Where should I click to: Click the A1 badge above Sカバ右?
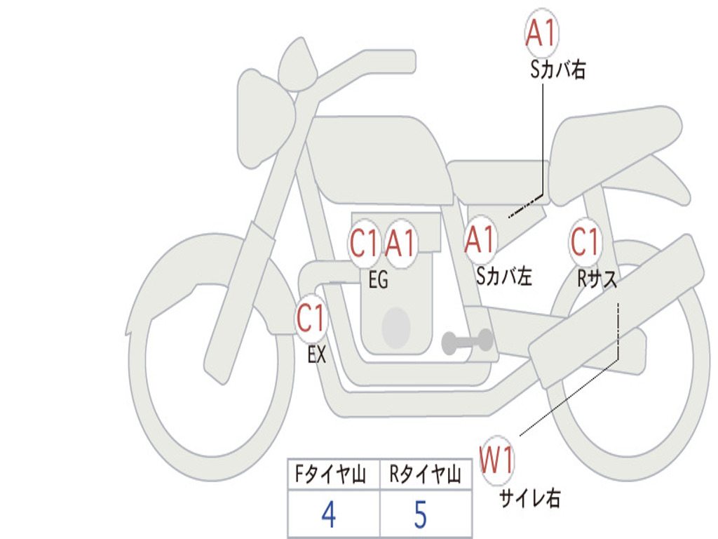click(542, 34)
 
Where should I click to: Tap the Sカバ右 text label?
click(558, 69)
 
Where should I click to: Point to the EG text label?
click(378, 280)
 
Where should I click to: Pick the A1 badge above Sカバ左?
click(481, 240)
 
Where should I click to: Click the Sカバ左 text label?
click(504, 276)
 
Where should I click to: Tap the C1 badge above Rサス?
click(585, 242)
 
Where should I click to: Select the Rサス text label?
click(597, 279)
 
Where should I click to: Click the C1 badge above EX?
click(311, 319)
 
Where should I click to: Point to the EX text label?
click(317, 355)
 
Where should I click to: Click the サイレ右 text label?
click(530, 498)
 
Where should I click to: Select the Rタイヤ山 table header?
click(425, 477)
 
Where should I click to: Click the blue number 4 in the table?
click(328, 516)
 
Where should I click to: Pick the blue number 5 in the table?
click(421, 516)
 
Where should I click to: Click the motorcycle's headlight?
click(262, 116)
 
